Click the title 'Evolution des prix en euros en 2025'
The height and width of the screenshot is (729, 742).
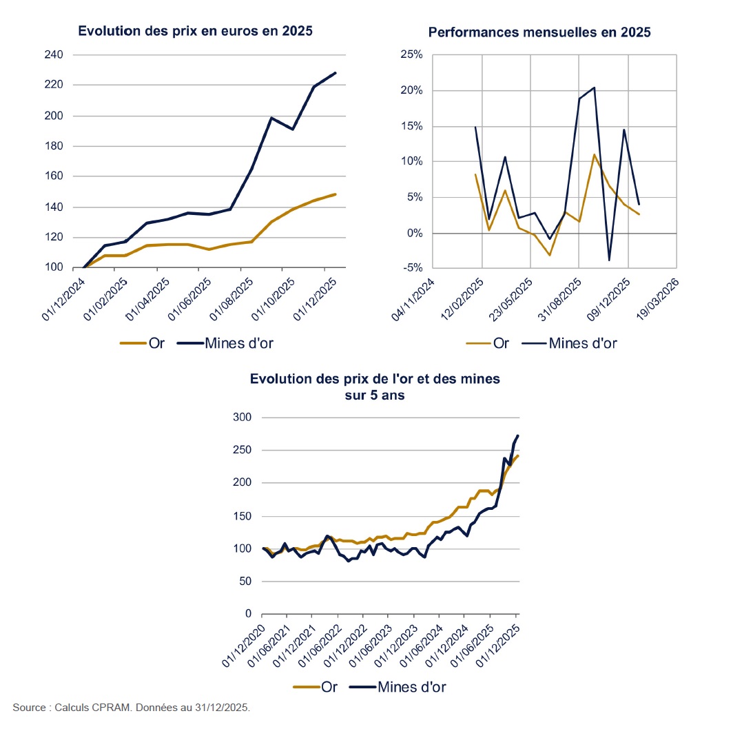point(195,31)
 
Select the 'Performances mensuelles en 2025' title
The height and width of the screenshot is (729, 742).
point(539,32)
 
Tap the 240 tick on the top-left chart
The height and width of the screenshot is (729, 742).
point(53,55)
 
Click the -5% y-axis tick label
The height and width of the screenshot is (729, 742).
point(412,269)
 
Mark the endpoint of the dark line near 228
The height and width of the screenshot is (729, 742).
point(336,72)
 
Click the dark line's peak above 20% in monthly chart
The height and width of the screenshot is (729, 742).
point(594,88)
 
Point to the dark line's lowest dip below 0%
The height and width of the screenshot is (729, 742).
point(609,260)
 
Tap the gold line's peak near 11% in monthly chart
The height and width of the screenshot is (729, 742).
point(594,154)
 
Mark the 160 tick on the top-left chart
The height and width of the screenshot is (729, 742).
point(53,176)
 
